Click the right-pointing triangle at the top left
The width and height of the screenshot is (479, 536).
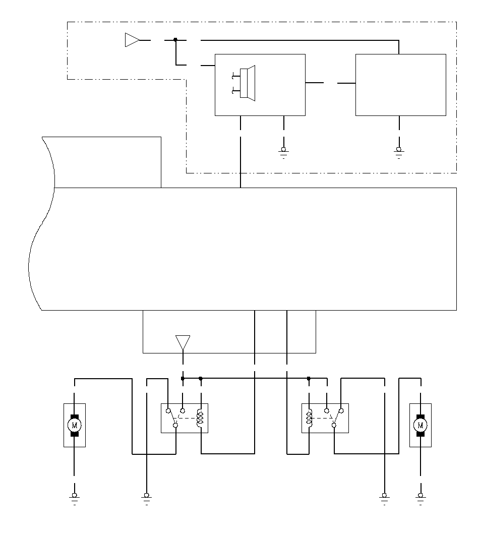[x=132, y=40]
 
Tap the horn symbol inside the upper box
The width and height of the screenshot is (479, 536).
[x=244, y=83]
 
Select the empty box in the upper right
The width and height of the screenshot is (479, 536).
[x=401, y=85]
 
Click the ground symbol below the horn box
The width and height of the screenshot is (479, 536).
[x=283, y=152]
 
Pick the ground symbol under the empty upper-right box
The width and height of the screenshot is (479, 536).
[x=399, y=152]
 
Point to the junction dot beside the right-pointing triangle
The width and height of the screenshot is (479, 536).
[x=175, y=40]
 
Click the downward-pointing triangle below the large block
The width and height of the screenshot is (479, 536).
[x=183, y=342]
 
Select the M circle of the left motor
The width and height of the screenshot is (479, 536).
[x=75, y=426]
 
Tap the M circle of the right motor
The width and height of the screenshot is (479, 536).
[x=421, y=426]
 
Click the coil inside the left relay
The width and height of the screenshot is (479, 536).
[x=200, y=418]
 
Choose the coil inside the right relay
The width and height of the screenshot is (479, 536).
[x=309, y=418]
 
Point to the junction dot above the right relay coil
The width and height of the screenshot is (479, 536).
[x=309, y=378]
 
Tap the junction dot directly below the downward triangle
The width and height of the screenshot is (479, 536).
[x=183, y=378]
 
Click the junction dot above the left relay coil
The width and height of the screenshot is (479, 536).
[x=201, y=378]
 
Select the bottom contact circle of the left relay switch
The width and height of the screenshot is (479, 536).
[x=175, y=426]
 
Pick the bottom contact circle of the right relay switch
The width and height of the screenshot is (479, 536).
[x=334, y=426]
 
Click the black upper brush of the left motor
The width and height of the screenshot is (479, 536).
[x=75, y=416]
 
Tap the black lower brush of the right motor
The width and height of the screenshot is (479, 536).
[x=421, y=434]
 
